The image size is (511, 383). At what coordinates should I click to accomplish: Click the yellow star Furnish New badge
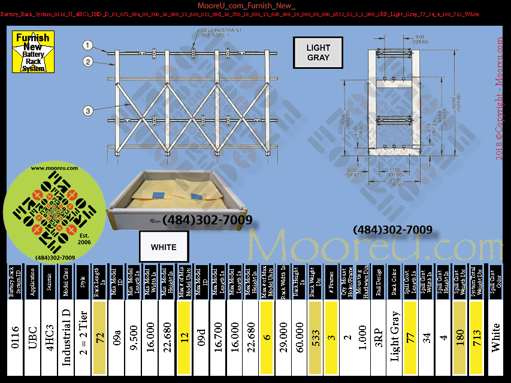33,52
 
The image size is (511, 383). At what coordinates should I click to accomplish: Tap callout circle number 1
87,45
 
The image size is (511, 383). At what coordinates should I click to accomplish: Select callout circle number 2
87,61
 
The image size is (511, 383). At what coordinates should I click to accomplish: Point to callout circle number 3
87,110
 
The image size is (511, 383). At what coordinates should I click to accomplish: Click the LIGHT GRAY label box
318,53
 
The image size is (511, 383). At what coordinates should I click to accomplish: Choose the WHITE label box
164,247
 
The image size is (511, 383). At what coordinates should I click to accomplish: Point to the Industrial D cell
66,338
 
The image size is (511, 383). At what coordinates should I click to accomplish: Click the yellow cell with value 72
99,338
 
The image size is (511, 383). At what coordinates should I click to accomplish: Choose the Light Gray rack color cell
395,338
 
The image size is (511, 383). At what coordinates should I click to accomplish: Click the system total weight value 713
477,338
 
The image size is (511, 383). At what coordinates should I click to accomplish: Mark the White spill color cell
496,338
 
